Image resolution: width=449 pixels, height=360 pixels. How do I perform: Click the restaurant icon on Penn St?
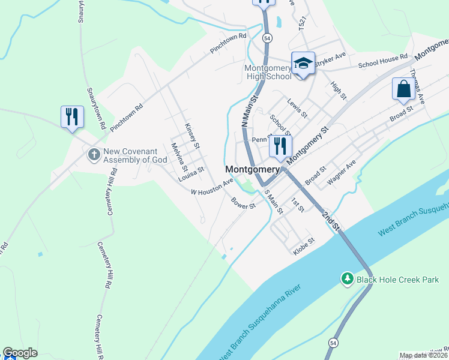(x=280, y=146)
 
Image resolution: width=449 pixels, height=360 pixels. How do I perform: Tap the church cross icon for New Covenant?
(x=94, y=155)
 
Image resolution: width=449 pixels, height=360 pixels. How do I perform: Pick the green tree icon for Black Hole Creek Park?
(x=348, y=278)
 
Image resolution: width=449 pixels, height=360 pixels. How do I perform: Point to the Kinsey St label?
(x=191, y=133)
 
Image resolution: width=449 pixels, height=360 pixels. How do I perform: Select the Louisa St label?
(x=191, y=174)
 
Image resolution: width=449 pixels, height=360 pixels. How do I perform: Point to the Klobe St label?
(x=303, y=248)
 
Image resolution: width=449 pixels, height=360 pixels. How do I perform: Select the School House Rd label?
(x=383, y=62)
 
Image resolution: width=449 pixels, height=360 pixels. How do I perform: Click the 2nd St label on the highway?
(x=331, y=220)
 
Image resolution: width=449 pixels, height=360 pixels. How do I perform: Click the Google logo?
(x=20, y=353)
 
